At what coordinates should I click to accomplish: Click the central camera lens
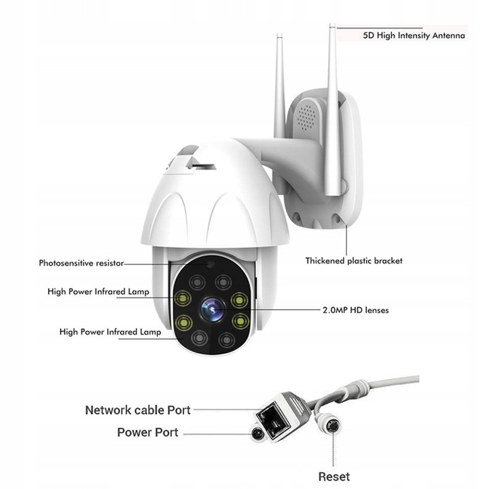click(x=211, y=309)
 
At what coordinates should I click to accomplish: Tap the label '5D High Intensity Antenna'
click(x=414, y=35)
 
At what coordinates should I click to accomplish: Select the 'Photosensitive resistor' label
click(x=81, y=263)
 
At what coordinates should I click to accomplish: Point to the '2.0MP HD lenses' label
click(x=355, y=310)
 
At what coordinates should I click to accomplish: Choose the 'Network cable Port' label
click(x=138, y=410)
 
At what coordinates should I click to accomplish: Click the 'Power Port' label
click(x=147, y=433)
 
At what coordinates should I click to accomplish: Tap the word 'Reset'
click(x=333, y=477)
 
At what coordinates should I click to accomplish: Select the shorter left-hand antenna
click(x=280, y=88)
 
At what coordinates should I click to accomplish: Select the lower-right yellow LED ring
click(x=239, y=320)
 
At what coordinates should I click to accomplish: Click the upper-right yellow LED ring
click(x=239, y=299)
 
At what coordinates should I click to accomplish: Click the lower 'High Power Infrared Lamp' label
click(x=110, y=332)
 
